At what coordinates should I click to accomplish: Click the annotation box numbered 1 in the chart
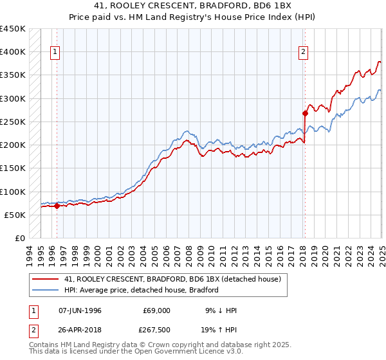[x=55, y=53]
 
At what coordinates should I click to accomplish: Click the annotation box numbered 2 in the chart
[x=302, y=53]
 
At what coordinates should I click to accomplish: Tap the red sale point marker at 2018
[x=305, y=114]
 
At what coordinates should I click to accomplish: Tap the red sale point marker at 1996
[x=57, y=206]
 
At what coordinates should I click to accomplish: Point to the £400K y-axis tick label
[x=13, y=52]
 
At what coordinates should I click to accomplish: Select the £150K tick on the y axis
[x=13, y=168]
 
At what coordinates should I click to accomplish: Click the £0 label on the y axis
[x=19, y=238]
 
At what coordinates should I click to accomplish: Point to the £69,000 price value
[x=157, y=310]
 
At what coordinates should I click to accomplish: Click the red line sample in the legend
[x=45, y=280]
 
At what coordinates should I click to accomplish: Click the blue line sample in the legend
[x=45, y=290]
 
